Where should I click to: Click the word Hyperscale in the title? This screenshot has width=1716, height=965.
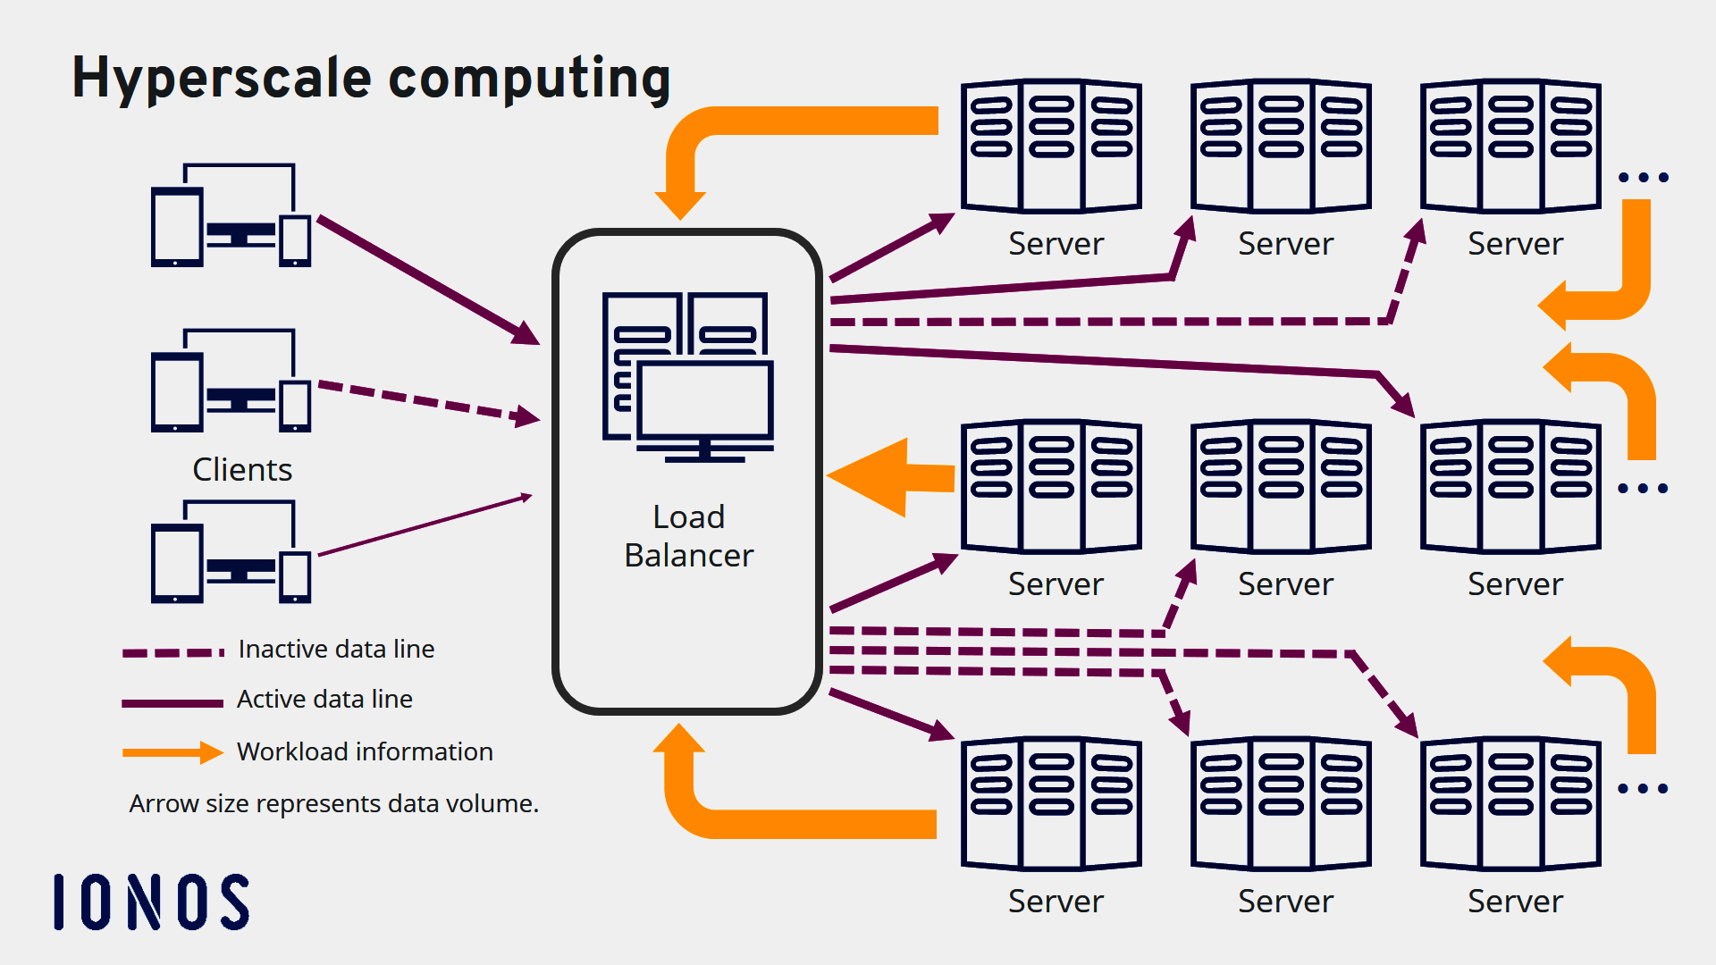click(x=221, y=79)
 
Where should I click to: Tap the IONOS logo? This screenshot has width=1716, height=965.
click(x=151, y=902)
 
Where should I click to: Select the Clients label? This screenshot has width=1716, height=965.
click(x=242, y=470)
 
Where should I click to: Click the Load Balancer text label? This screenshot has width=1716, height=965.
click(x=688, y=536)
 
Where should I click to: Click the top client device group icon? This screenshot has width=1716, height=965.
click(x=231, y=215)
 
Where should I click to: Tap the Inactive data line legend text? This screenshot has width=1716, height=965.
click(x=336, y=650)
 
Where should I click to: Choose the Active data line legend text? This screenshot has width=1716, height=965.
click(x=324, y=700)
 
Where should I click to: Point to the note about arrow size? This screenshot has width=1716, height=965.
click(x=333, y=804)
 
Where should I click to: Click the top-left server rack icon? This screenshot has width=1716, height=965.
click(x=1051, y=146)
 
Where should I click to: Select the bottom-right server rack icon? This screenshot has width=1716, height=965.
click(x=1510, y=802)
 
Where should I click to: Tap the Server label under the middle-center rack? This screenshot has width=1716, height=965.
click(x=1285, y=584)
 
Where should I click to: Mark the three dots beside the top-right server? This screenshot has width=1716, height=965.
click(x=1644, y=178)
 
